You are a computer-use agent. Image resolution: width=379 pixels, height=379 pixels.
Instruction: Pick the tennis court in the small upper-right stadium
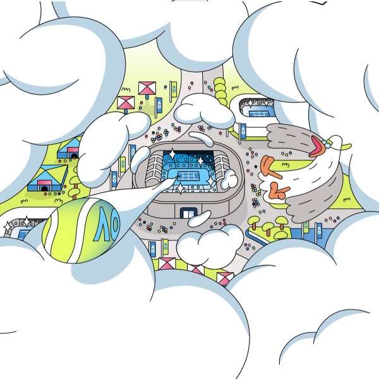tap(258, 114)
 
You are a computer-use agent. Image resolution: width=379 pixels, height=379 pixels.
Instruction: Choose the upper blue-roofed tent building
tap(71, 148)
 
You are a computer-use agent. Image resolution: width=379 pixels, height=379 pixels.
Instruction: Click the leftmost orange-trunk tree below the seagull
tap(255, 222)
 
